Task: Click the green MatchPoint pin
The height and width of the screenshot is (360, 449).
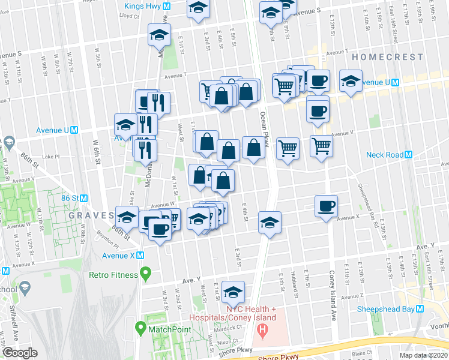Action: pyautogui.click(x=140, y=329)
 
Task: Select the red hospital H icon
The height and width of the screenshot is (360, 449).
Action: pyautogui.click(x=262, y=329)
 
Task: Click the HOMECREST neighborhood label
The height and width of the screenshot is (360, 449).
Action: pyautogui.click(x=381, y=56)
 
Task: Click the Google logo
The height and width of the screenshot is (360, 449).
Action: pyautogui.click(x=19, y=353)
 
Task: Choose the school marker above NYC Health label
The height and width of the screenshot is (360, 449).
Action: pyautogui.click(x=233, y=292)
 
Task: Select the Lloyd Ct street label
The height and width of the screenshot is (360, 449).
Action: pyautogui.click(x=129, y=17)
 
